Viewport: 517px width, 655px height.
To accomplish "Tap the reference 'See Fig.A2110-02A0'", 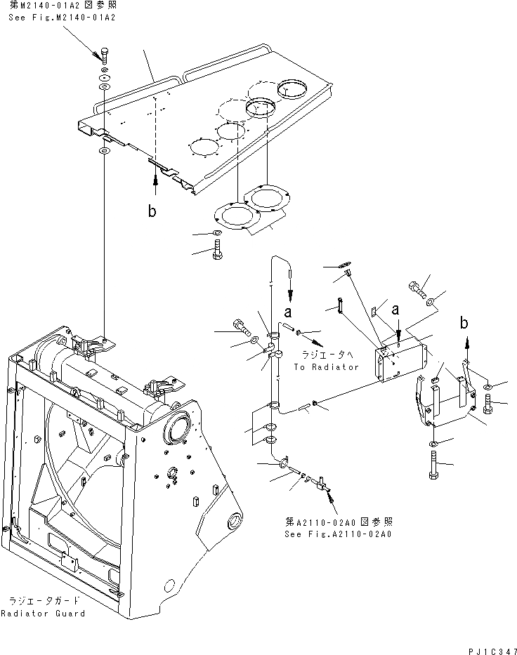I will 338,534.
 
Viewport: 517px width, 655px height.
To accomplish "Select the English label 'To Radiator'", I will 326,366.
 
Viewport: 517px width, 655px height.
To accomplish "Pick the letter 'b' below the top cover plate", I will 152,211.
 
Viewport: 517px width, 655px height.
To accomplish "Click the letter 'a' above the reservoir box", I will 398,309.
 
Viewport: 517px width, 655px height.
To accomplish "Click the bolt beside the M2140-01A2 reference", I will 103,55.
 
